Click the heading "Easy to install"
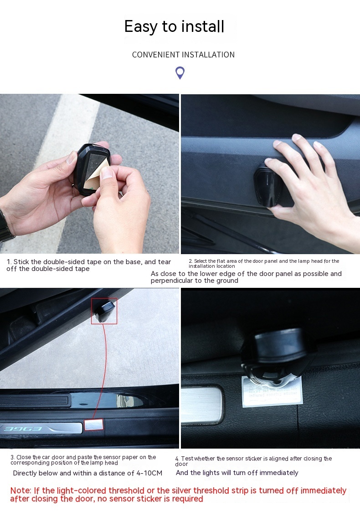click(x=174, y=26)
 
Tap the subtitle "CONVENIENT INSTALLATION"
click(x=183, y=55)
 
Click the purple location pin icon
click(x=180, y=72)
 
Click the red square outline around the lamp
click(x=104, y=311)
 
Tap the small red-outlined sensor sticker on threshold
click(x=95, y=425)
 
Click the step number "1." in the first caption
click(x=9, y=262)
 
